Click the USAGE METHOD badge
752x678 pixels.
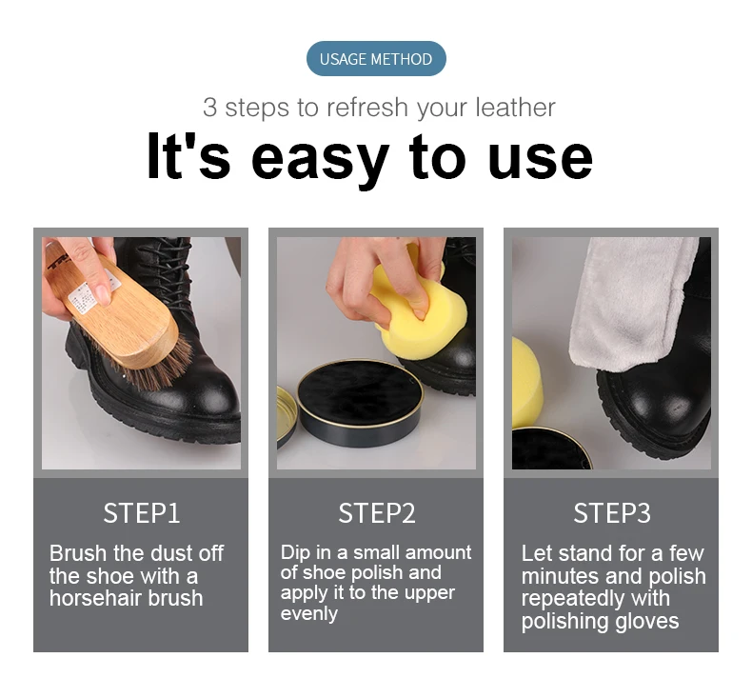pyautogui.click(x=376, y=58)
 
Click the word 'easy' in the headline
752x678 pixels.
pyautogui.click(x=320, y=159)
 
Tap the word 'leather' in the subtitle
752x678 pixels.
pyautogui.click(x=515, y=107)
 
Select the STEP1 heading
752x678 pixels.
pyautogui.click(x=142, y=513)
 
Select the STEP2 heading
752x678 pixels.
pyautogui.click(x=377, y=513)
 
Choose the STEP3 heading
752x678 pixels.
pyautogui.click(x=612, y=513)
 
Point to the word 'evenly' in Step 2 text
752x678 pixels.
pyautogui.click(x=308, y=613)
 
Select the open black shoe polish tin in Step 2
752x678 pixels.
pyautogui.click(x=360, y=402)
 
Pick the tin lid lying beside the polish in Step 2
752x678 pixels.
pyautogui.click(x=286, y=416)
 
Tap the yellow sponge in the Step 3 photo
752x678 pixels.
pyautogui.click(x=526, y=383)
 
